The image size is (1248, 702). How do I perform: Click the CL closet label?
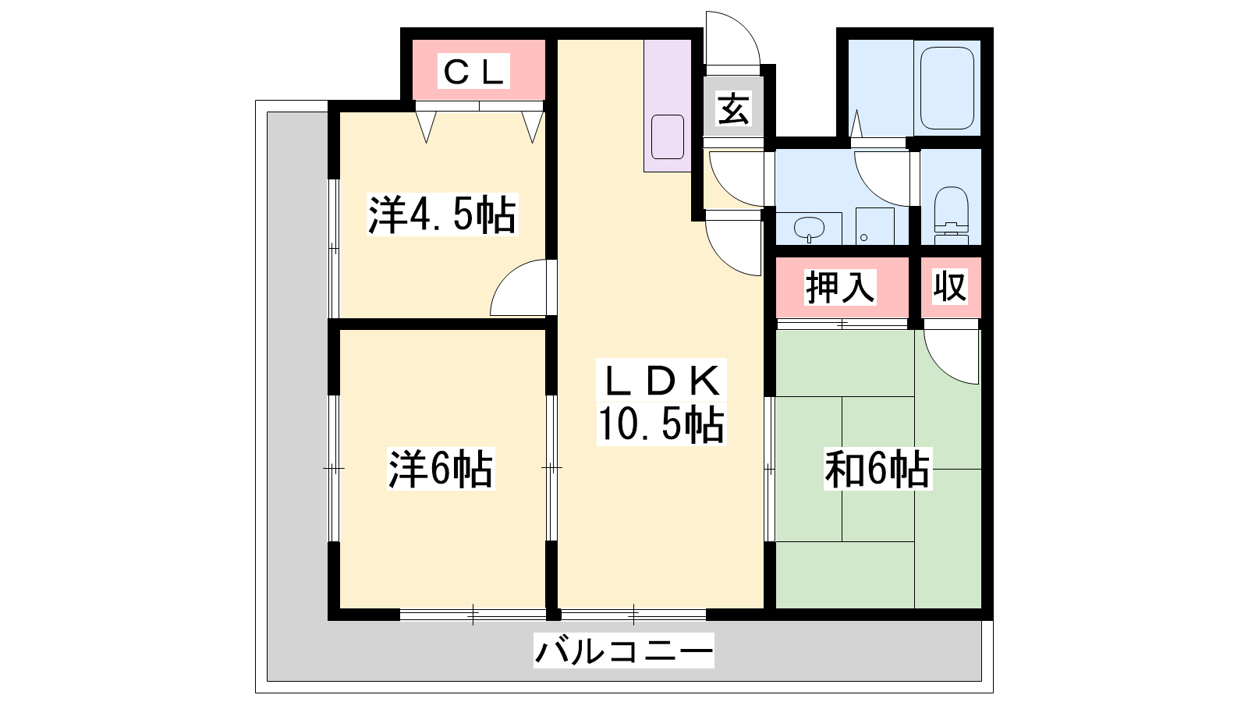click(x=473, y=71)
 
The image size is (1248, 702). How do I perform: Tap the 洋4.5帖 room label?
click(x=441, y=214)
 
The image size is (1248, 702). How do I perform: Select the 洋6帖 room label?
click(x=441, y=468)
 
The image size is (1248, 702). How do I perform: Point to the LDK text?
click(x=661, y=380)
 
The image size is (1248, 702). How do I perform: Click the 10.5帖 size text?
click(x=661, y=424)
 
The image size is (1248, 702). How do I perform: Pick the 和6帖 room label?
click(x=877, y=469)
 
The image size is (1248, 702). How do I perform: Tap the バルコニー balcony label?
click(x=623, y=651)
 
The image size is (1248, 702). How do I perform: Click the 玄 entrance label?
click(x=732, y=108)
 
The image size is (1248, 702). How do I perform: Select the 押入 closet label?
click(x=840, y=287)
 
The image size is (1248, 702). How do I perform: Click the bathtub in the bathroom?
click(x=947, y=88)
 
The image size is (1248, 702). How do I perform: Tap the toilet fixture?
click(x=951, y=215)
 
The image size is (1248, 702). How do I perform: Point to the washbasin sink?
click(x=809, y=228)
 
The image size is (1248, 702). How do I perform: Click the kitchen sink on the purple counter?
click(x=668, y=136)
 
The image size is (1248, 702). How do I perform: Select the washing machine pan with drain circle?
click(x=874, y=226)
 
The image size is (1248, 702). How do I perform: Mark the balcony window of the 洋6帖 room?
click(x=473, y=615)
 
